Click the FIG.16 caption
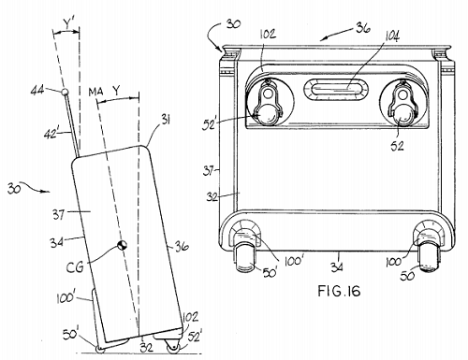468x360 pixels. [x=339, y=291]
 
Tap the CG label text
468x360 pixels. [x=75, y=267]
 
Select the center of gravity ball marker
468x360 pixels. [x=122, y=245]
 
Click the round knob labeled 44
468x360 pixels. [x=65, y=92]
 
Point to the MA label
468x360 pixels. [x=95, y=92]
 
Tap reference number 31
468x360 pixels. [x=165, y=119]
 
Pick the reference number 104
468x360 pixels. [x=392, y=36]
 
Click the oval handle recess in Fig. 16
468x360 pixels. [x=336, y=90]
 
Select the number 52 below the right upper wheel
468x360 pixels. [x=397, y=146]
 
